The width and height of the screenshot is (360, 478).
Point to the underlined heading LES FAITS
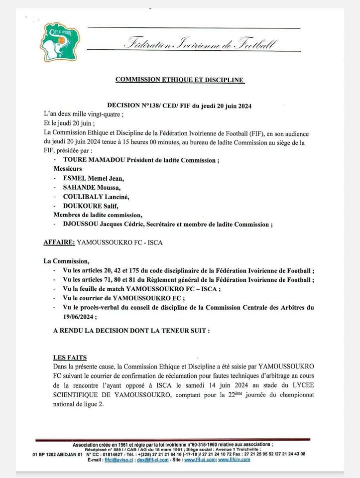coord(70,357)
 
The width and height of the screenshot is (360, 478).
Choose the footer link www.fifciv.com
coord(235,460)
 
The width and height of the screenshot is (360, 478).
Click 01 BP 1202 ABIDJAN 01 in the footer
coord(57,454)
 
